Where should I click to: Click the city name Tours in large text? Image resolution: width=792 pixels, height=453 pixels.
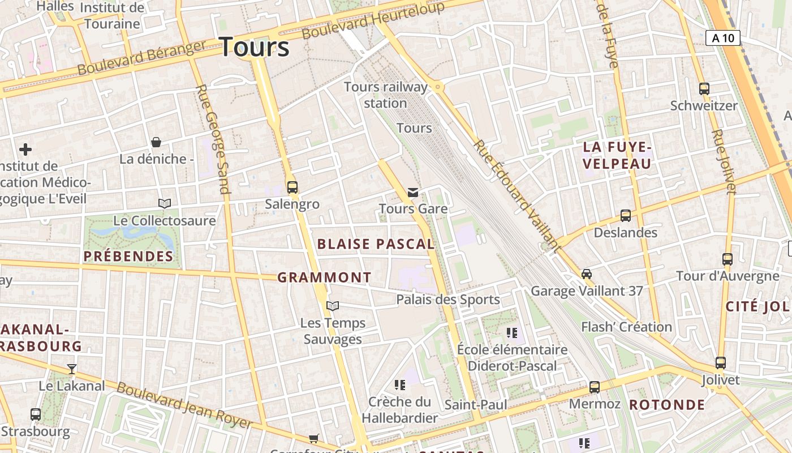point(254,46)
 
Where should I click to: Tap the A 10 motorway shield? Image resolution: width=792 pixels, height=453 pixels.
point(723,38)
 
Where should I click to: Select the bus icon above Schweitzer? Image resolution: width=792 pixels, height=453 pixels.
point(704,89)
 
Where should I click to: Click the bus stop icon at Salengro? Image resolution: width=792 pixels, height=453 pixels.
point(292,187)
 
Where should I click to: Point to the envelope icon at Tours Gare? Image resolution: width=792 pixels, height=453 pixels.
point(413,193)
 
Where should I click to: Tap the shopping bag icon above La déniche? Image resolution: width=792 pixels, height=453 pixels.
point(156,142)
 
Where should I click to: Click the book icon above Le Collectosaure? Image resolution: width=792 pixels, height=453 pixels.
point(165,203)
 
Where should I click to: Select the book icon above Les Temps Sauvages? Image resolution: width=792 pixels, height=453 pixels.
point(333,306)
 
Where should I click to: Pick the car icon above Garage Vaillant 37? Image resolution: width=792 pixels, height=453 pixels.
point(587,274)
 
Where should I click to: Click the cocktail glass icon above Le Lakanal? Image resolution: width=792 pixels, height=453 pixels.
point(72,369)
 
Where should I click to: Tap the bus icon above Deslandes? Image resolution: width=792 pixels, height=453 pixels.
point(626,216)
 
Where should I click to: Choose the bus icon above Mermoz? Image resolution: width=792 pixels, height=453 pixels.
point(595,387)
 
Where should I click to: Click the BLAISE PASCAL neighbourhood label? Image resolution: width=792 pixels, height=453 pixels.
point(376,244)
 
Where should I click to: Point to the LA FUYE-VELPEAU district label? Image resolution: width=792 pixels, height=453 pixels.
point(617,156)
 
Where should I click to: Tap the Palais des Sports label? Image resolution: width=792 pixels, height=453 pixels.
point(447,300)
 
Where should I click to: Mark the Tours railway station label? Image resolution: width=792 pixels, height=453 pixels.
point(386,95)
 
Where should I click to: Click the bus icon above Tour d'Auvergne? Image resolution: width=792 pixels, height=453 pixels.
point(728,259)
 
